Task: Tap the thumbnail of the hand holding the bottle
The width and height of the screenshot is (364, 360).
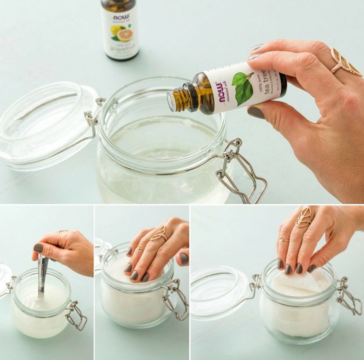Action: (256, 113)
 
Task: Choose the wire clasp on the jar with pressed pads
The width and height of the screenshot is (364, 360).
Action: (174, 298)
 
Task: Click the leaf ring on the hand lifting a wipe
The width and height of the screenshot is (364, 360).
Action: (304, 217)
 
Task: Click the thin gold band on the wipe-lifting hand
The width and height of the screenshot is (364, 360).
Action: (285, 239)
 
